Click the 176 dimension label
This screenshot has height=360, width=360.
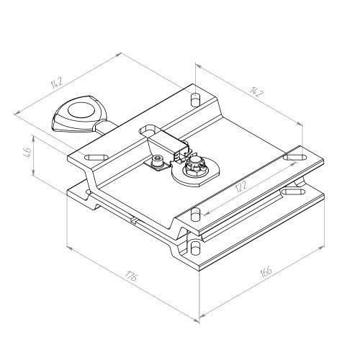point(131,276)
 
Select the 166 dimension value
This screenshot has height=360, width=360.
point(266,272)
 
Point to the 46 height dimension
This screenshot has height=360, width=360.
point(27,151)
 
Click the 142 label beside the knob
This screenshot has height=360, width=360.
point(57,82)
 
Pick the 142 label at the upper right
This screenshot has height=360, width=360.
point(256,91)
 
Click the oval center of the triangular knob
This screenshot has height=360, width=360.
point(81,111)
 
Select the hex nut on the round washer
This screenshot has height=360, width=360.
point(194,168)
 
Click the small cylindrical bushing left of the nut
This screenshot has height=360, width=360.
point(157,161)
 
